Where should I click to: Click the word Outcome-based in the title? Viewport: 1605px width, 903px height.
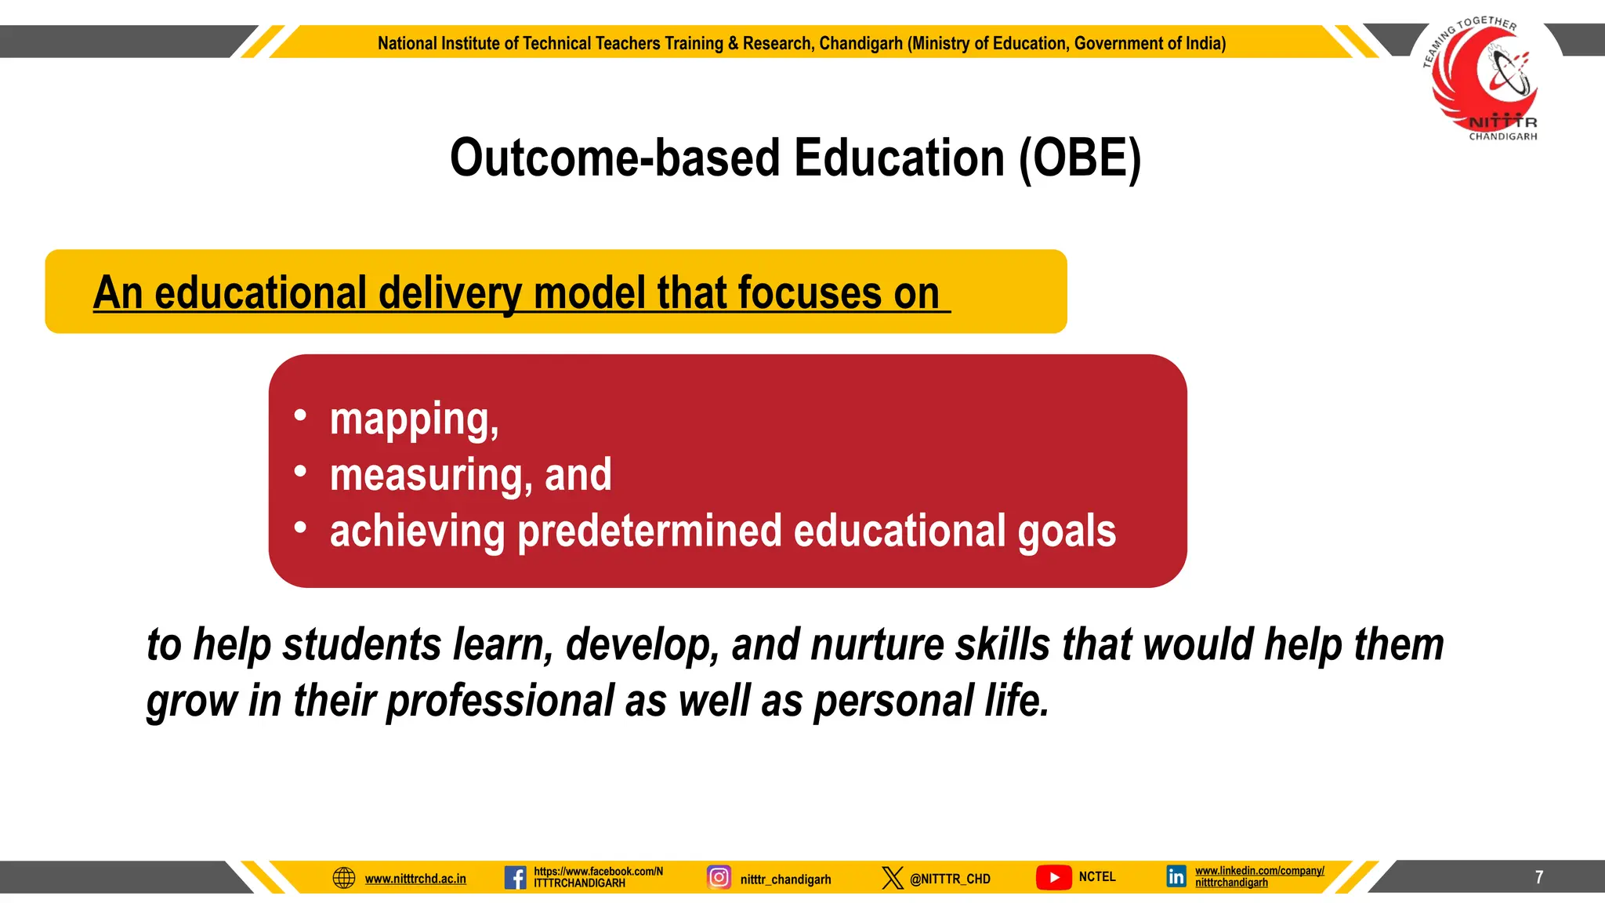point(615,158)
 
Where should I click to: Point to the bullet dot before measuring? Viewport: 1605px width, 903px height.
point(300,472)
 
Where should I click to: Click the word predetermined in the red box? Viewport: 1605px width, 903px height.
point(650,531)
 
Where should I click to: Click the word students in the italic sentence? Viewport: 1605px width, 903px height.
point(362,645)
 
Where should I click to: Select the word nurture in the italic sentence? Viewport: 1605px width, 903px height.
point(877,645)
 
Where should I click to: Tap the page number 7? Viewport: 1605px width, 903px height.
point(1539,877)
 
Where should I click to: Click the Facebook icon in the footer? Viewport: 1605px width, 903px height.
point(515,877)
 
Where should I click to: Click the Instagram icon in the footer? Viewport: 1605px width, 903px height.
point(719,877)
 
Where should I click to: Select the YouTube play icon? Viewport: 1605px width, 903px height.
point(1054,877)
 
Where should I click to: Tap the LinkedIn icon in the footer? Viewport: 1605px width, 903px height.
point(1176,877)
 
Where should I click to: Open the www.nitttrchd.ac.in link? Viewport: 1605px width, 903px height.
point(415,879)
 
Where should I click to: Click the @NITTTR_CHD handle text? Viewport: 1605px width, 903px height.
point(950,879)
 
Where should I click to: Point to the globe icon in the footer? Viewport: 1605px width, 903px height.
point(344,877)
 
